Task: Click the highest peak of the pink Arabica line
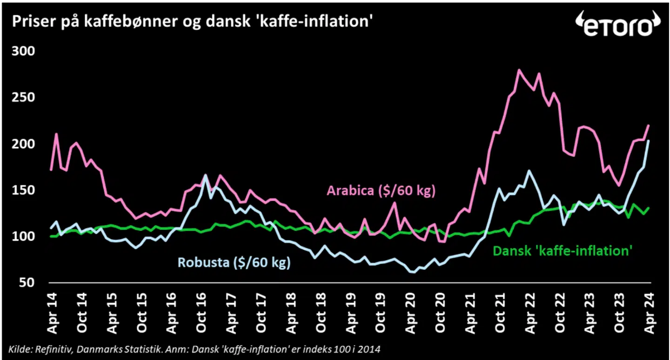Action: (x=519, y=70)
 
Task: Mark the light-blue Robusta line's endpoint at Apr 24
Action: (x=649, y=140)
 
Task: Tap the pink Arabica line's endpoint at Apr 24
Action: (x=649, y=126)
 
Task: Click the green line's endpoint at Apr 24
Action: (x=649, y=208)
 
